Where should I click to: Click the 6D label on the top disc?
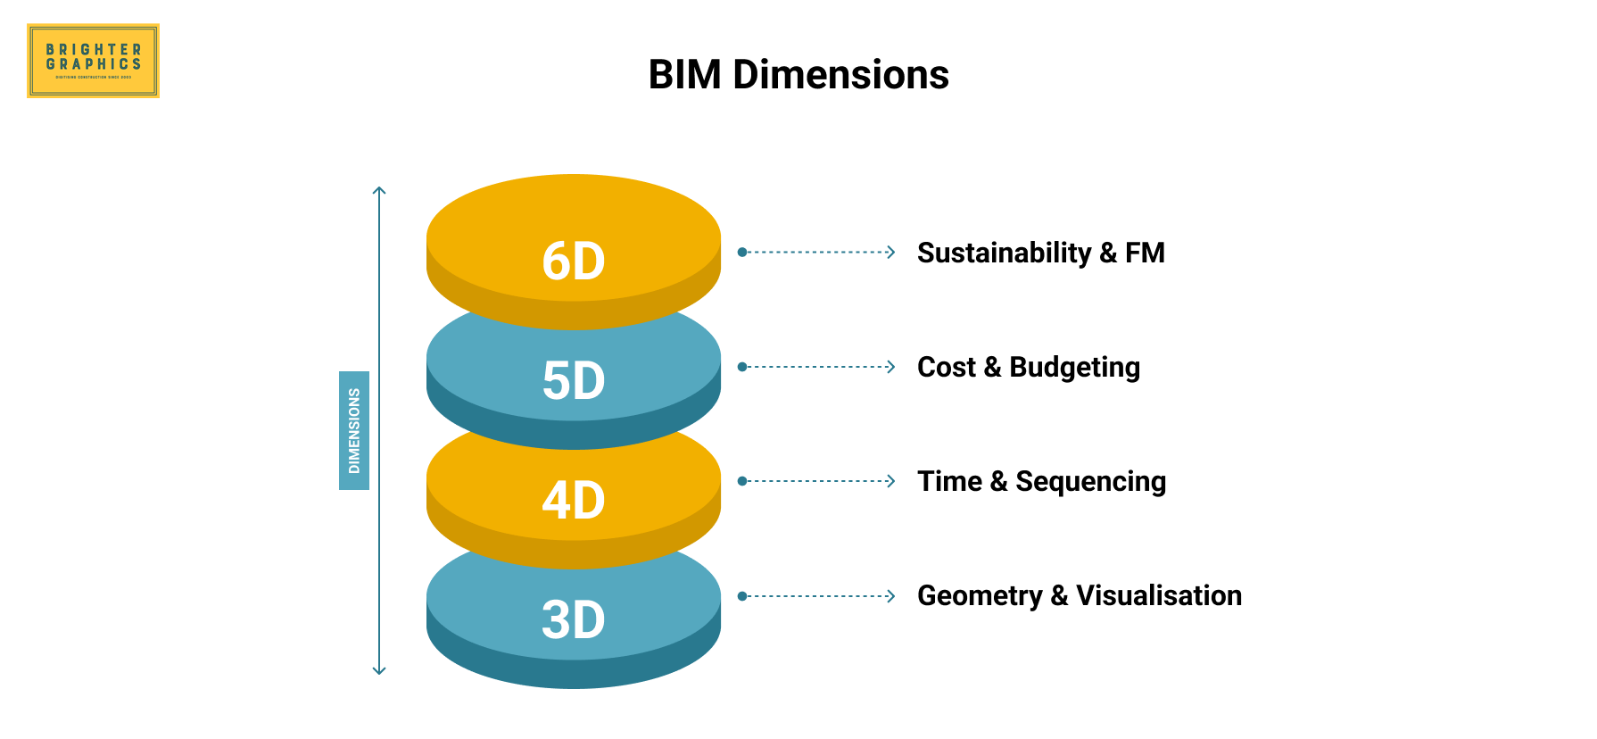tap(574, 262)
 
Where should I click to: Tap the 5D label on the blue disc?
tap(574, 381)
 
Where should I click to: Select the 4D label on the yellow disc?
tap(574, 500)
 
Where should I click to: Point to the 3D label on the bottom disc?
tap(574, 619)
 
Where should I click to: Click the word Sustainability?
tap(1004, 253)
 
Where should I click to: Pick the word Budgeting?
tap(1074, 368)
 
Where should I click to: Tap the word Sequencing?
tap(1090, 482)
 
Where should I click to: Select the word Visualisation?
tap(1159, 595)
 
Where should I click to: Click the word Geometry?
tap(980, 596)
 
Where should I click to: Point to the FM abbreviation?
tap(1145, 253)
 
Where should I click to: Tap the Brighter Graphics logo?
tap(94, 61)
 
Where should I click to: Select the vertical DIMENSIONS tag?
tap(354, 430)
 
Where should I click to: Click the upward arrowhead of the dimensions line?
tap(379, 190)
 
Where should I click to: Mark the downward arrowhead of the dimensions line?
tap(379, 670)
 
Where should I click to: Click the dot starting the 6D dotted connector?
tap(742, 253)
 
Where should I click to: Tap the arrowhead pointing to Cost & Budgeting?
tap(890, 367)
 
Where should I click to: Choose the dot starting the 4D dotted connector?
tap(742, 481)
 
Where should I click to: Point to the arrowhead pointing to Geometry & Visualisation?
tap(890, 596)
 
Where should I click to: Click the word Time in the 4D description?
tap(949, 482)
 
